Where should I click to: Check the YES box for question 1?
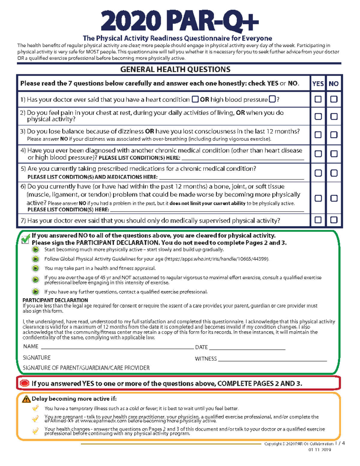tap(318, 99)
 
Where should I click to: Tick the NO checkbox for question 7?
tap(334, 220)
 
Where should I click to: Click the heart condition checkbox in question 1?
tap(195, 99)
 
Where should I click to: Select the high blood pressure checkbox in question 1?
tap(272, 99)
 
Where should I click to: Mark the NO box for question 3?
tap(334, 135)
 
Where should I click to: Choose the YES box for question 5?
tap(318, 173)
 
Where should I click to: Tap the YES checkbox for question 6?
tap(318, 198)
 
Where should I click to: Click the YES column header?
tap(318, 84)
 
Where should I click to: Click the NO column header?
tap(334, 84)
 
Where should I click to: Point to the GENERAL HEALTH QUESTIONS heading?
tap(175, 70)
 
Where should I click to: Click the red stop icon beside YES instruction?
tap(24, 383)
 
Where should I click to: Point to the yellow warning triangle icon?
tap(26, 399)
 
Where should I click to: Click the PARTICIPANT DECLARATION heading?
tap(55, 300)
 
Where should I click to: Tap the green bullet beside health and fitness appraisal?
tap(35, 268)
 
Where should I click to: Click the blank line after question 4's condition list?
tap(242, 159)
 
